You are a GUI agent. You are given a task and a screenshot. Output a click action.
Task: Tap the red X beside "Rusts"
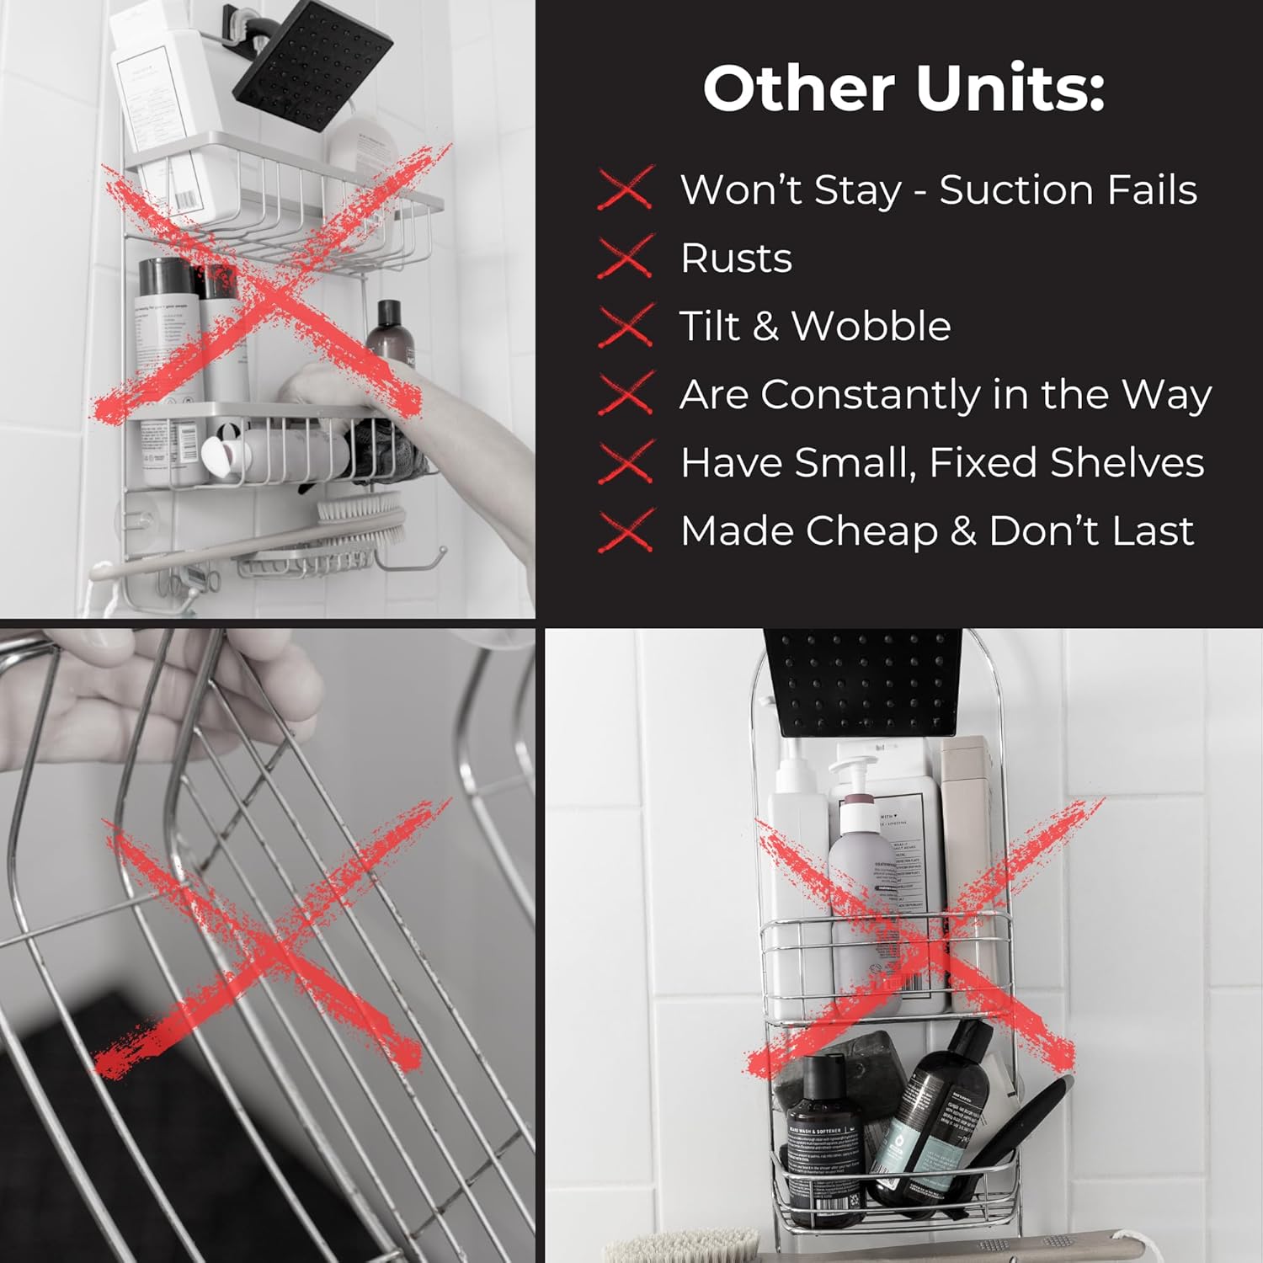point(626,257)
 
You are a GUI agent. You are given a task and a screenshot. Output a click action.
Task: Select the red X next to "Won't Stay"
point(626,188)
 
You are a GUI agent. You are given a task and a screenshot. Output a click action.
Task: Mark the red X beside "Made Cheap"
point(626,530)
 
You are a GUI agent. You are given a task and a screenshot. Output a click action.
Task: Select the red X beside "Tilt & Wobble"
point(626,326)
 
